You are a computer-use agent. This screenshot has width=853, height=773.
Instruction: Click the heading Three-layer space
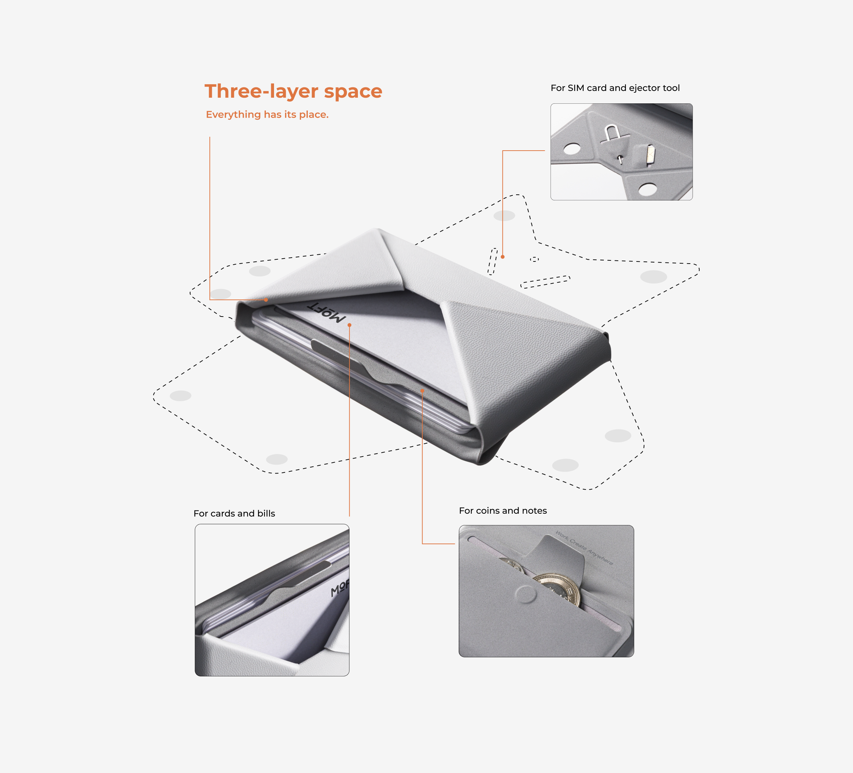293,91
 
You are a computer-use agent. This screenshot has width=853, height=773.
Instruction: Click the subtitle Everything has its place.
267,115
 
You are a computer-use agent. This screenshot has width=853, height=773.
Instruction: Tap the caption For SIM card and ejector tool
615,88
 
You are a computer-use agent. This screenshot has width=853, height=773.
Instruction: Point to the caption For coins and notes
503,511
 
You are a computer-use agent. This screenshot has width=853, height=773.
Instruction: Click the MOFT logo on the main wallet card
326,313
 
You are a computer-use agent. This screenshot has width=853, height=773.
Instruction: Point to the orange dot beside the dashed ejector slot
502,257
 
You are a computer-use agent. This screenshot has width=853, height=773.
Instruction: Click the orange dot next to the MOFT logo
349,325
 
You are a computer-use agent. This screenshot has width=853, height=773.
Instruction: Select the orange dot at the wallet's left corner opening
266,300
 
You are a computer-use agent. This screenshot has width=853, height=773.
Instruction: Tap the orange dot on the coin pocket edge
422,391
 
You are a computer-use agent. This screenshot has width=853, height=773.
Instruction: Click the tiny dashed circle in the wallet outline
535,259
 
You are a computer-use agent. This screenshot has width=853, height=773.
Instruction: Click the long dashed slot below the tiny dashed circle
546,282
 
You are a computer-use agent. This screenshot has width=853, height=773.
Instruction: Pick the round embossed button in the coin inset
526,594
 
